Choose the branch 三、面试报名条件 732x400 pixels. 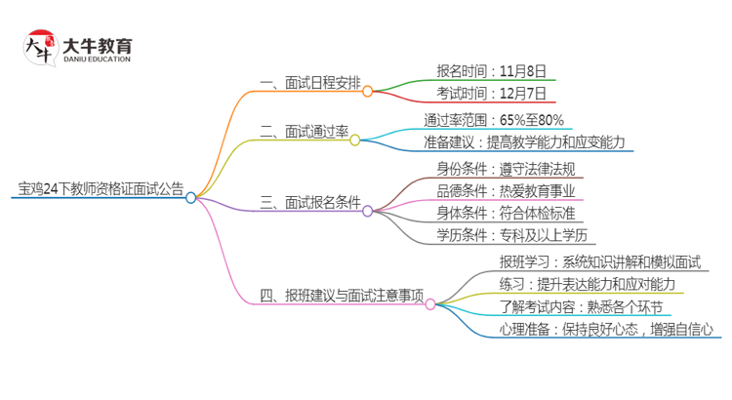click(309, 202)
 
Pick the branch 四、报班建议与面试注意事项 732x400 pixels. click(342, 296)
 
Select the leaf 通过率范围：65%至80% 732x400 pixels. click(493, 119)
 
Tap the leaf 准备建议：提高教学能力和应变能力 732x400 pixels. click(522, 142)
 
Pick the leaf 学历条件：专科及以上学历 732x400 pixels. click(513, 236)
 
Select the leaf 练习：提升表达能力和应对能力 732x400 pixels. click(588, 284)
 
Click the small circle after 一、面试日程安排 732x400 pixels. click(368, 92)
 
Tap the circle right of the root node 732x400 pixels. click(191, 197)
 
